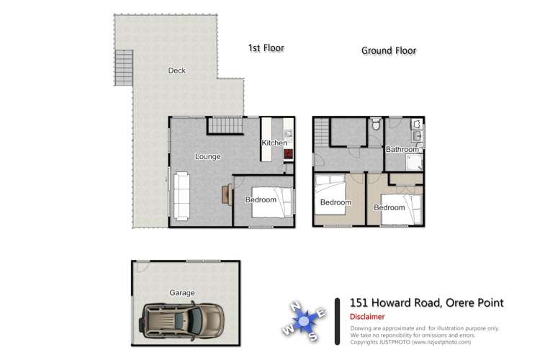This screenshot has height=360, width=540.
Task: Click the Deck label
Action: tap(176, 71)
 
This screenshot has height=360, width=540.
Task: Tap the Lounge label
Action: tap(208, 156)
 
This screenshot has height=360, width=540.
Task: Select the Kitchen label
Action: tap(274, 143)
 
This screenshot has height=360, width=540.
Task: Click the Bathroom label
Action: tap(402, 150)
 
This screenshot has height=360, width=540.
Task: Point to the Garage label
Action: tap(182, 293)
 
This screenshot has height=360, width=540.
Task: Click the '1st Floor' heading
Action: tap(266, 48)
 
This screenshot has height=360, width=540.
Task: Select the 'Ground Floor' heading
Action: tap(389, 51)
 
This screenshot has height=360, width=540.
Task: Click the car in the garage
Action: tap(183, 318)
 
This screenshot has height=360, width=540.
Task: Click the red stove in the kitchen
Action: tap(287, 153)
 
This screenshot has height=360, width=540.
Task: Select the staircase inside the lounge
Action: tap(225, 126)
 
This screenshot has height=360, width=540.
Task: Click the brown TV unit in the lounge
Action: tap(228, 194)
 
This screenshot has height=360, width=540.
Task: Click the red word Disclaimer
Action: tap(367, 317)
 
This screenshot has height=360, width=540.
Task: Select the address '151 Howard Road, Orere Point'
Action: tap(426, 303)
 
